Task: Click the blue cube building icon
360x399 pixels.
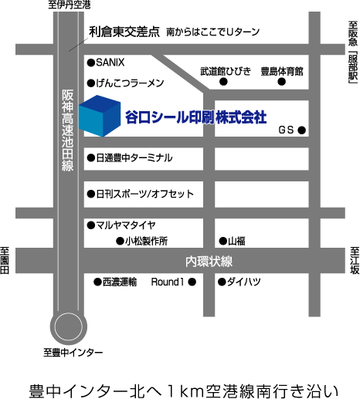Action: pyautogui.click(x=100, y=116)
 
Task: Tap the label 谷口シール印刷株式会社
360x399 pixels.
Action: pyautogui.click(x=196, y=117)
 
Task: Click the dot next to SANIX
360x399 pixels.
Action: pyautogui.click(x=91, y=63)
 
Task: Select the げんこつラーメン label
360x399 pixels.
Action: pyautogui.click(x=130, y=83)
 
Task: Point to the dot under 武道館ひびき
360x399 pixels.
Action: pyautogui.click(x=223, y=82)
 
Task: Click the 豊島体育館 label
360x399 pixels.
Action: pyautogui.click(x=282, y=71)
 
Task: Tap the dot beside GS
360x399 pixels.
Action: pyautogui.click(x=302, y=130)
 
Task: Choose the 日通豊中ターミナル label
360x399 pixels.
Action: pyautogui.click(x=134, y=157)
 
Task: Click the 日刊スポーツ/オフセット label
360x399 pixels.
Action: pyautogui.click(x=144, y=194)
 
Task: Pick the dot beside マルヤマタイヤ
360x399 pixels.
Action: pyautogui.click(x=91, y=225)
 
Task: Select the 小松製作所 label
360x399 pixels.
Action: pyautogui.click(x=147, y=242)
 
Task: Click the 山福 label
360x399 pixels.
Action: pyautogui.click(x=236, y=242)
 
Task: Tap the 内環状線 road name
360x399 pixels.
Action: pyautogui.click(x=209, y=262)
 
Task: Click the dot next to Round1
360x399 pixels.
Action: pyautogui.click(x=192, y=282)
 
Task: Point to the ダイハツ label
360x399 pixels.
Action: pyautogui.click(x=243, y=282)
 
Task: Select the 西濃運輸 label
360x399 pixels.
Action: pyautogui.click(x=120, y=282)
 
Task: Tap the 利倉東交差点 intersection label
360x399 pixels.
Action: pyautogui.click(x=124, y=32)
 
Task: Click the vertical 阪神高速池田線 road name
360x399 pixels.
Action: pyautogui.click(x=68, y=130)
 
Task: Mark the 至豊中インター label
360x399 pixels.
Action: pyautogui.click(x=73, y=352)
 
